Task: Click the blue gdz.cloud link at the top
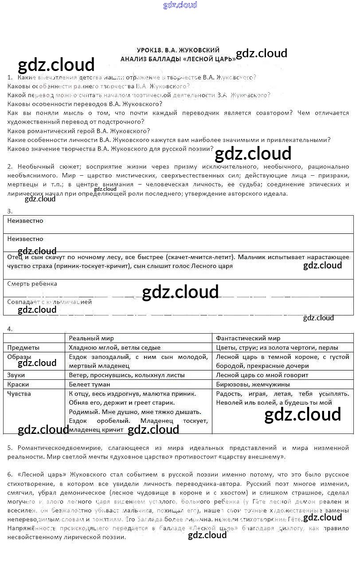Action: pyautogui.click(x=180, y=5)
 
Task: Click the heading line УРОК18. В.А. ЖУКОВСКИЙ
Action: pyautogui.click(x=178, y=50)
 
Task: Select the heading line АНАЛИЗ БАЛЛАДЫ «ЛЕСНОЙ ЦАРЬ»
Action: pyautogui.click(x=178, y=59)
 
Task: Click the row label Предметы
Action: pyautogui.click(x=23, y=347)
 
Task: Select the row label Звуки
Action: pyautogui.click(x=16, y=375)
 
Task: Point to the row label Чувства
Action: pyautogui.click(x=19, y=394)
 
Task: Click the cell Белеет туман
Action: pyautogui.click(x=90, y=384)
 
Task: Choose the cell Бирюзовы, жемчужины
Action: pyautogui.click(x=253, y=384)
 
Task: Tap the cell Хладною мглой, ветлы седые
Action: pyautogui.click(x=115, y=347)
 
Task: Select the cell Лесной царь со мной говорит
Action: pyautogui.click(x=262, y=375)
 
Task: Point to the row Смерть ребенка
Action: pyautogui.click(x=32, y=284)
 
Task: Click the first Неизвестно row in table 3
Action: pyautogui.click(x=25, y=221)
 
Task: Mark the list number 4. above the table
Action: pyautogui.click(x=10, y=329)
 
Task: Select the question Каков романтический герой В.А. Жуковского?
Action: pyautogui.click(x=79, y=131)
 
